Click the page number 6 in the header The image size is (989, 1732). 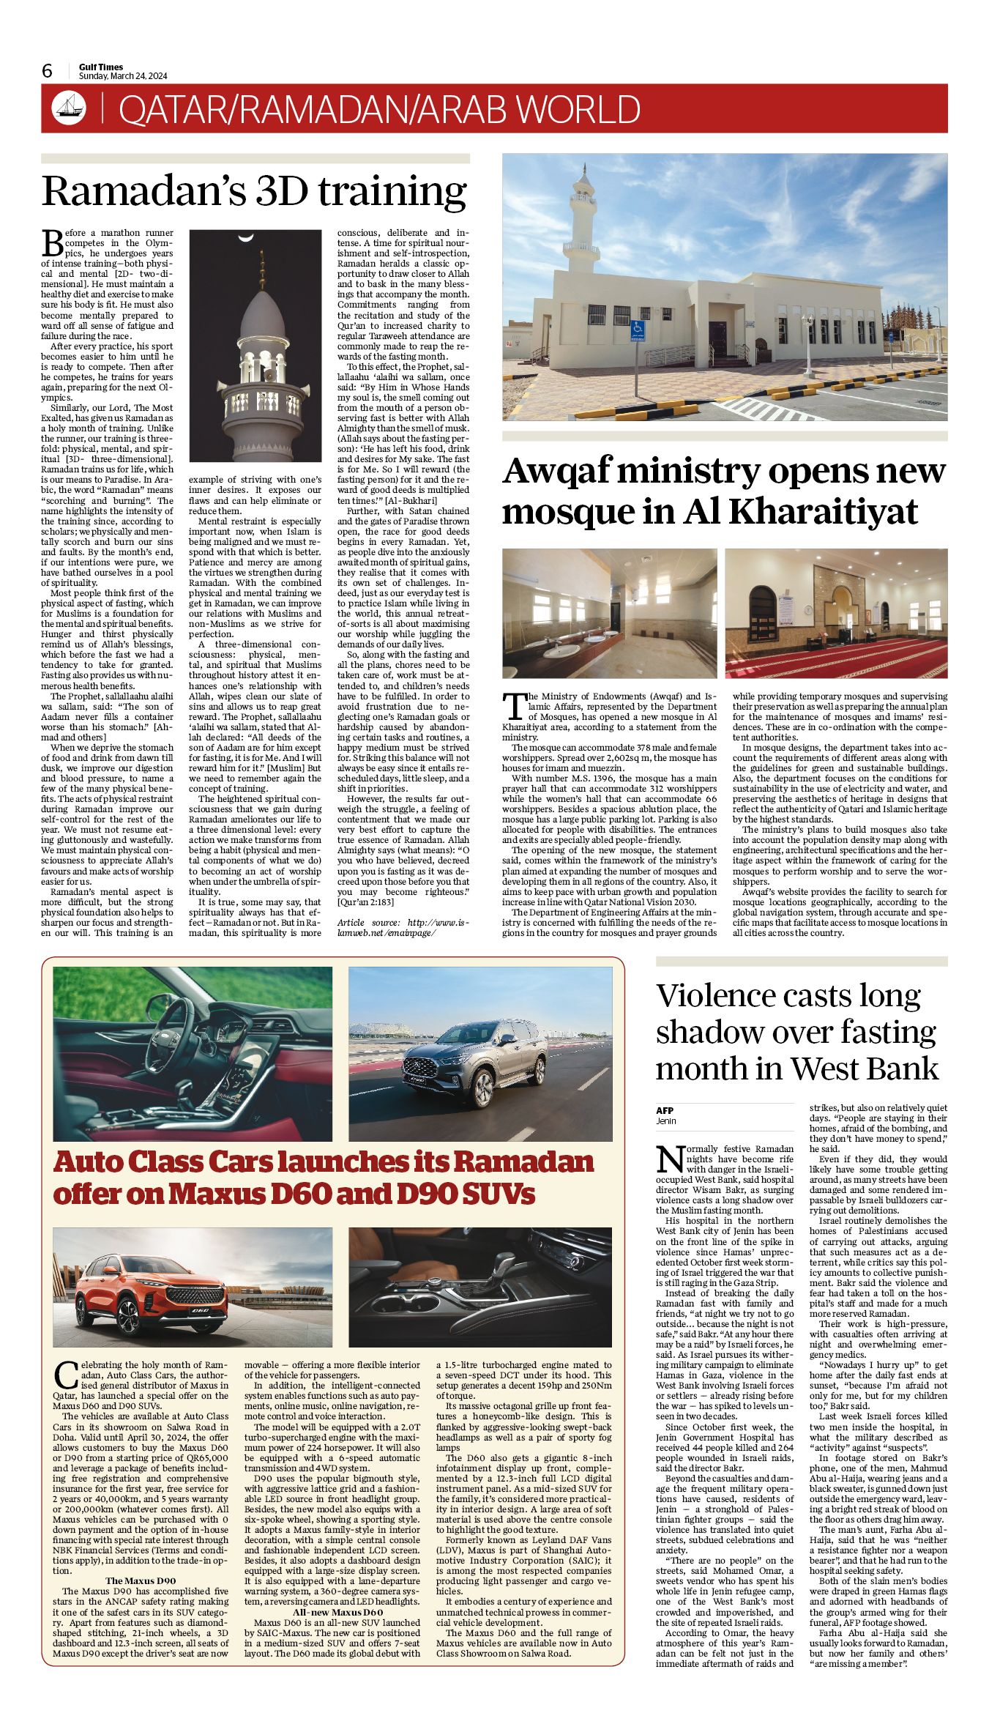point(48,71)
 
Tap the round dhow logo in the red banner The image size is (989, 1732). point(69,108)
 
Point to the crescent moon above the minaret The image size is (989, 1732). point(245,238)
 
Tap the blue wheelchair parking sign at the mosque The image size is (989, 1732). point(638,330)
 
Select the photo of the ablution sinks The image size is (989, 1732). point(609,614)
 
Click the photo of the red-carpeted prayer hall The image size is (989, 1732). point(836,614)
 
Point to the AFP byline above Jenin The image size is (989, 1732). point(664,1110)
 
